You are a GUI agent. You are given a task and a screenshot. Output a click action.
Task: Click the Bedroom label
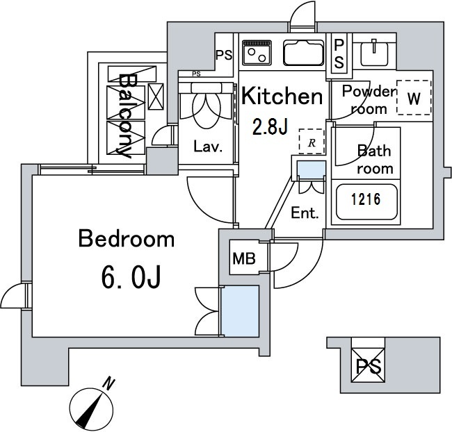126,240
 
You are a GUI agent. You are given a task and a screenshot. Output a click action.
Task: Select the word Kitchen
282,97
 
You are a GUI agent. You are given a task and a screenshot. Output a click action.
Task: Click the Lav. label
207,147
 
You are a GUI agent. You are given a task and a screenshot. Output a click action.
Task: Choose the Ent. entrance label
305,213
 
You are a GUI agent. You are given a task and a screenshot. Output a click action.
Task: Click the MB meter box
243,259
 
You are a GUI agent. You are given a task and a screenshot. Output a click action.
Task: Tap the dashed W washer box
413,99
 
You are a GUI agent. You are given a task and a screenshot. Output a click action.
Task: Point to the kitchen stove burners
258,51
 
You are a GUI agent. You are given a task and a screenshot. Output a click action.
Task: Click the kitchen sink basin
302,51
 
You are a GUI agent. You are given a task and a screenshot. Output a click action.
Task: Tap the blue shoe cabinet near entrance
309,170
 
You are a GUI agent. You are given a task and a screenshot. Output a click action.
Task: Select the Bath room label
374,159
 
